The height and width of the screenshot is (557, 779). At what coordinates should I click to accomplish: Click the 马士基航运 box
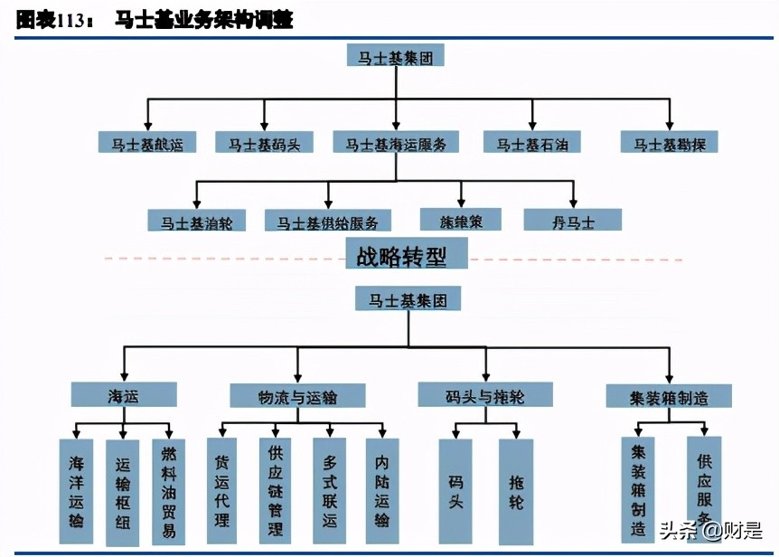coord(146,143)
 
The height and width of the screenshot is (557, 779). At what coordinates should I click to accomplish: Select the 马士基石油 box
coord(531,143)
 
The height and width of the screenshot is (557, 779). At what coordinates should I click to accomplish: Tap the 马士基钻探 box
coord(669,143)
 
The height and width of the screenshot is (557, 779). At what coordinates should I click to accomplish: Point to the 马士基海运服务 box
coord(396,143)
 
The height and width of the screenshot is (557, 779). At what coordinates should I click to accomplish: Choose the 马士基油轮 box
coord(196,221)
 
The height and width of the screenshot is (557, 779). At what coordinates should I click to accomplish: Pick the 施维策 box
coord(460,220)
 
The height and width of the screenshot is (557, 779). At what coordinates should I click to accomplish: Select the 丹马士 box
coord(572,221)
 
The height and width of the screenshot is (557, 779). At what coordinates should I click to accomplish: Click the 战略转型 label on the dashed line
coord(407,256)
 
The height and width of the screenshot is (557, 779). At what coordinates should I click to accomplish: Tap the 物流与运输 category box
coord(297,396)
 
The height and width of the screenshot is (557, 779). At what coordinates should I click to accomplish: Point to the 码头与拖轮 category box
coord(485,395)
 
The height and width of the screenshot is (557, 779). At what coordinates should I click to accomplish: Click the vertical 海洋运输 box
coord(76,491)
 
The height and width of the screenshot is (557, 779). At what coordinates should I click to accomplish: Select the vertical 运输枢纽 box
coord(123,491)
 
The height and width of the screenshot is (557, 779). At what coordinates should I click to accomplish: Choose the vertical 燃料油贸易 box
coord(168,491)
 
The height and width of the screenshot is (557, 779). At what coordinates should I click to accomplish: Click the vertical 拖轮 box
coord(515,491)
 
